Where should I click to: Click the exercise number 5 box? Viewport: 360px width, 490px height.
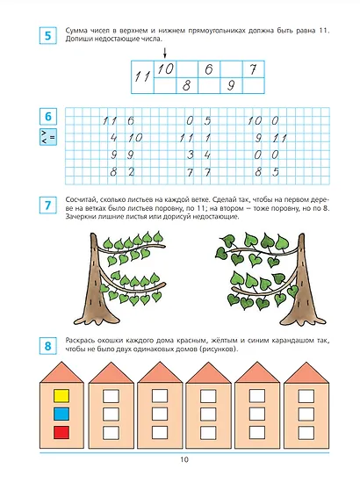[47, 36]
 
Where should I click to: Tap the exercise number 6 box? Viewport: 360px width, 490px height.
[47, 117]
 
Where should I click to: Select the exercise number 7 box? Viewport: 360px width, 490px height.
[47, 205]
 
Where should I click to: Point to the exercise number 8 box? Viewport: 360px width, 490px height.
[47, 346]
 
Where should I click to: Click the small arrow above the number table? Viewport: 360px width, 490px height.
[165, 53]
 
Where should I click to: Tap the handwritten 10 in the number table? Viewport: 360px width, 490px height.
[165, 68]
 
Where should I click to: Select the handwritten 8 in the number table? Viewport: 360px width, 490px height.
[186, 85]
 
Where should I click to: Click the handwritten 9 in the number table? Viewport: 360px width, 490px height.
[231, 85]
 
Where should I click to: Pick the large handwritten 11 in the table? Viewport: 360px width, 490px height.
[142, 76]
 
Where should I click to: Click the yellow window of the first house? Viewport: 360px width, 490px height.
[61, 396]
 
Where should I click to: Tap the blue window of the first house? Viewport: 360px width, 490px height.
[61, 414]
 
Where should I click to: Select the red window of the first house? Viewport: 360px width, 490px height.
[61, 433]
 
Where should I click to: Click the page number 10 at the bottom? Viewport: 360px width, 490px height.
[184, 459]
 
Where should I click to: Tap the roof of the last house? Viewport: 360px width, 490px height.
[306, 373]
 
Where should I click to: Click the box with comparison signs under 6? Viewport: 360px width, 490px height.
[48, 137]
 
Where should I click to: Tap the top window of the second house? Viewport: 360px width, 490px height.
[111, 396]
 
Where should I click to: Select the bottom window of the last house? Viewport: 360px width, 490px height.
[306, 433]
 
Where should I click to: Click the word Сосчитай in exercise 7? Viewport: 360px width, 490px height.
[78, 199]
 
